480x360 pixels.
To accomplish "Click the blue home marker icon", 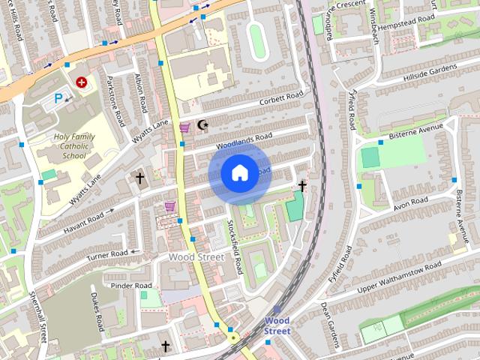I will click(239, 173).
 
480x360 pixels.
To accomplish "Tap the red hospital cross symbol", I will click(81, 81).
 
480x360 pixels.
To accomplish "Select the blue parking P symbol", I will click(58, 97).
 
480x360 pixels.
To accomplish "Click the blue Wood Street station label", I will click(277, 325).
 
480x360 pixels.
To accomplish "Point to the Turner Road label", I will click(107, 255).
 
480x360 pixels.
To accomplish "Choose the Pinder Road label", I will click(131, 286).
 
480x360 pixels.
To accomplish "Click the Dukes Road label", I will click(97, 312).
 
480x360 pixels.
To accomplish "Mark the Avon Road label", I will click(410, 202).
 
